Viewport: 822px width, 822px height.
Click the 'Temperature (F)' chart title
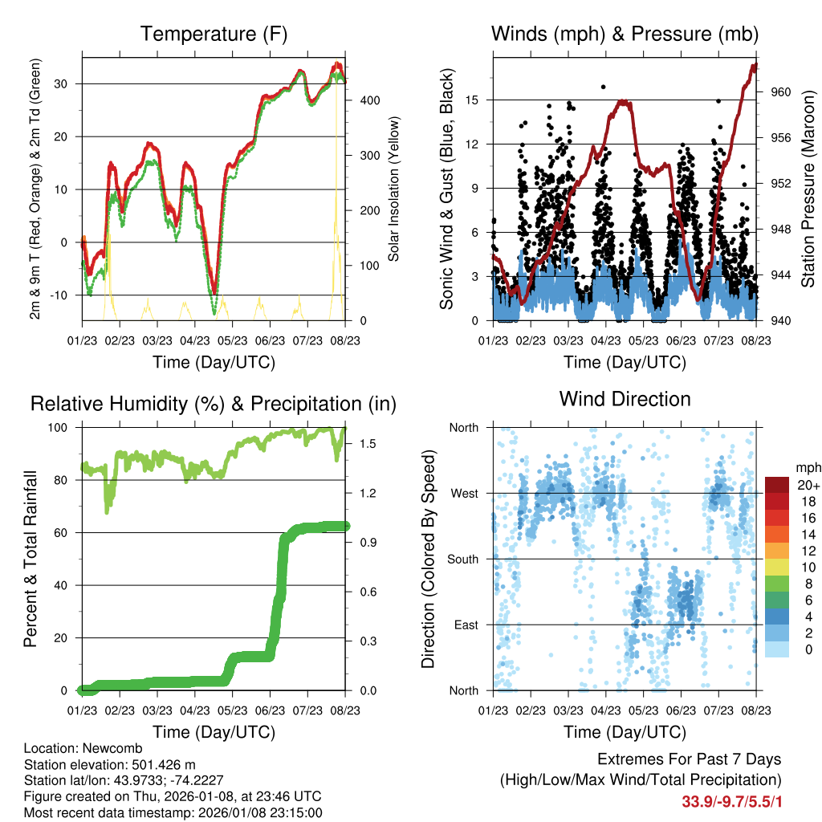click(214, 34)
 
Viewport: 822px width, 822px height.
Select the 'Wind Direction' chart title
click(625, 399)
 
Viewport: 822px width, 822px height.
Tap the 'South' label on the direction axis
click(462, 560)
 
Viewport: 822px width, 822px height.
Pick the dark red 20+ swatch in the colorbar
click(776, 486)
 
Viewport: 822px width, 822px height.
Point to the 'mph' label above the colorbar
click(806, 467)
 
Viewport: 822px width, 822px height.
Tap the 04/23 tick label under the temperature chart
click(195, 340)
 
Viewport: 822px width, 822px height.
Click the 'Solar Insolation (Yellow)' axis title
click(394, 189)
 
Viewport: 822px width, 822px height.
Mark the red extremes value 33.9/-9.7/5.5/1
click(730, 802)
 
